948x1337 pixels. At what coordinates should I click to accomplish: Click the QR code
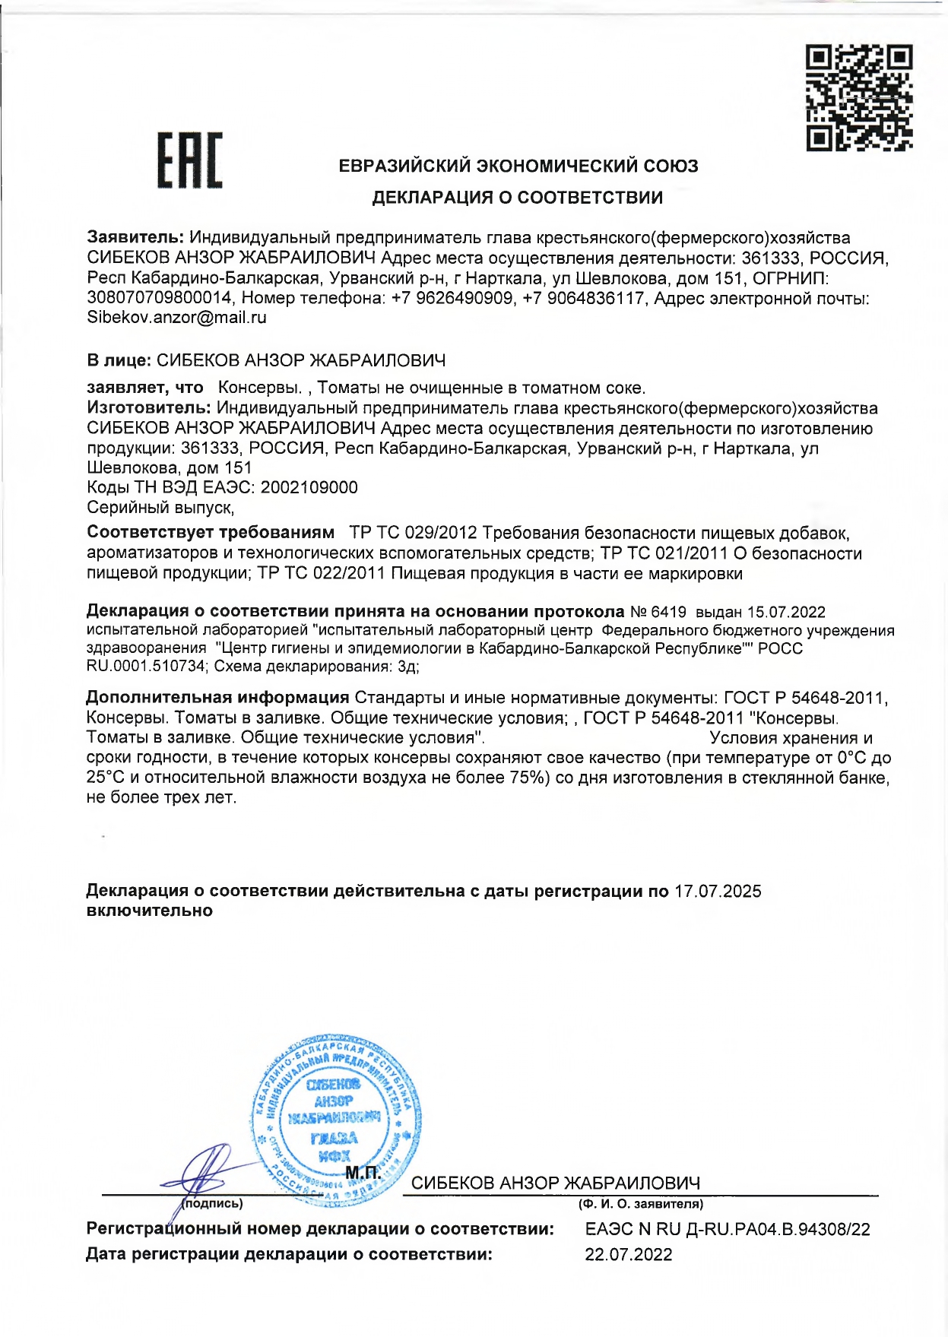click(x=859, y=97)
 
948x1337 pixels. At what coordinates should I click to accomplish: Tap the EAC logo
click(x=189, y=160)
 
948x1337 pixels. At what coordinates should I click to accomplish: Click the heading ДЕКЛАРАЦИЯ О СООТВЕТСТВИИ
click(x=517, y=198)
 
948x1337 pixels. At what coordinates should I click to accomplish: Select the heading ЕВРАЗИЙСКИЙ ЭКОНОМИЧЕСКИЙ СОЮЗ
click(x=518, y=166)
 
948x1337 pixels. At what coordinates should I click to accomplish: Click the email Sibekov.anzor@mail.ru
click(x=176, y=318)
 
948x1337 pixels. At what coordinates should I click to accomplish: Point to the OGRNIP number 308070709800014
click(x=159, y=298)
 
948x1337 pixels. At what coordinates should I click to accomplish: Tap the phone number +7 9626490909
click(x=452, y=298)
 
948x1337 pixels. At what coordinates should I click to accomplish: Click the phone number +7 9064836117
click(x=584, y=298)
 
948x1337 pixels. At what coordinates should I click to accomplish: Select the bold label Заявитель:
click(x=135, y=238)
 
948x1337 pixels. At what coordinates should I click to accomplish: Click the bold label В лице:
click(x=119, y=360)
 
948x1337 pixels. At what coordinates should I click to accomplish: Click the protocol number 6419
click(x=668, y=612)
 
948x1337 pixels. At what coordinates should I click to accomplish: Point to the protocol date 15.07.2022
click(x=786, y=612)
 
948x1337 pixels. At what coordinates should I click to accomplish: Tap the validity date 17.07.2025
click(x=718, y=891)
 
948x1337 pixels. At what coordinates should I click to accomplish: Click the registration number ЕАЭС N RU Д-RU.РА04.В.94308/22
click(x=728, y=1229)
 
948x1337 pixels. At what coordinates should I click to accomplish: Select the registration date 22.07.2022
click(x=629, y=1254)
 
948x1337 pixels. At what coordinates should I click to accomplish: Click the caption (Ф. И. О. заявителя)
click(x=641, y=1204)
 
